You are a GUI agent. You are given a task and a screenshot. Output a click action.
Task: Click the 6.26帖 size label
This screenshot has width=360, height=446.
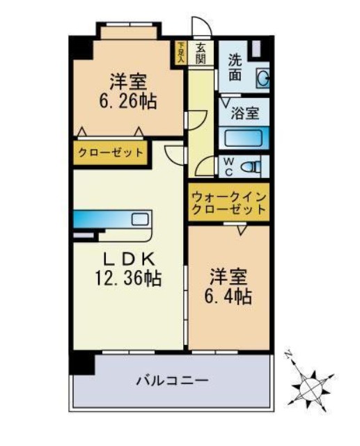coord(125,101)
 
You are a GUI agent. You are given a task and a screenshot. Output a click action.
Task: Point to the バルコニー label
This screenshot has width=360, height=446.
coord(171,381)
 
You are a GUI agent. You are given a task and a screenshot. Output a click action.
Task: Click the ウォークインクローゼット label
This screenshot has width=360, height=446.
coord(228,202)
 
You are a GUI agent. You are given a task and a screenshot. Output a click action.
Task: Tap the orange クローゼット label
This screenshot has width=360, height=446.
coord(111,153)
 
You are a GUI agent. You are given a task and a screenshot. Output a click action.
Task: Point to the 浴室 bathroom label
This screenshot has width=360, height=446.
coord(244,112)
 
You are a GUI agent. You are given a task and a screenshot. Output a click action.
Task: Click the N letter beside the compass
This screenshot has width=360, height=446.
coord(288,356)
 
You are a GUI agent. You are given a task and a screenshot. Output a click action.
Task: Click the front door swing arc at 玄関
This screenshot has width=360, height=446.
coord(200,28)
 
